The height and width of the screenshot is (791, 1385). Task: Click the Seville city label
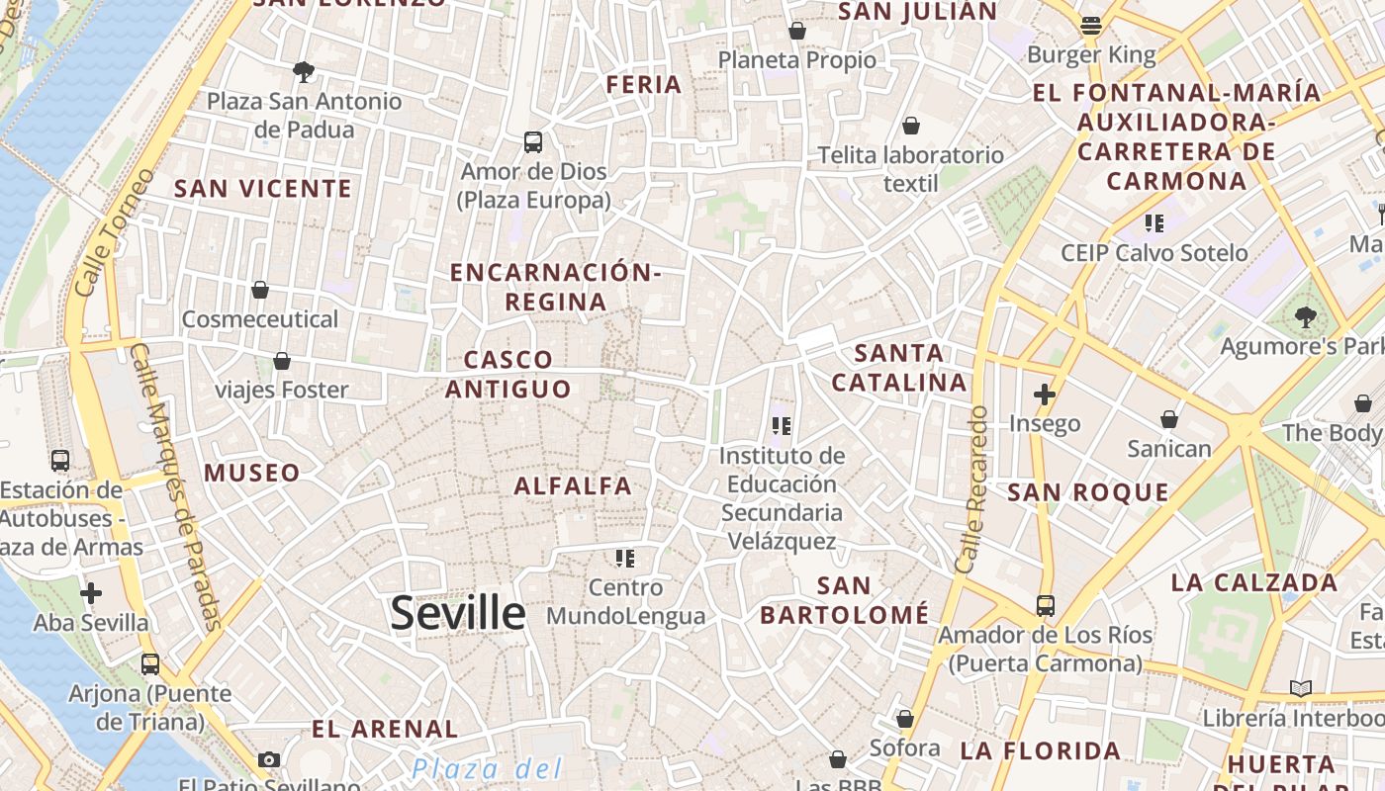point(457,614)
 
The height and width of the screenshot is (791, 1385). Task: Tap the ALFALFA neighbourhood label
point(573,485)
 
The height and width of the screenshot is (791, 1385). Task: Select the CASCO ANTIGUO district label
point(508,374)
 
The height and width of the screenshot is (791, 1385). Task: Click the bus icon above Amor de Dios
point(533,142)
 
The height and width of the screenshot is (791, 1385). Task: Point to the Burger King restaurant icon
point(1091,26)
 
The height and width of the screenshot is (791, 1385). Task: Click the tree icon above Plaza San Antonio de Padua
point(304,71)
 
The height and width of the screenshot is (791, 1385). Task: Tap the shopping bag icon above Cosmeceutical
point(260,290)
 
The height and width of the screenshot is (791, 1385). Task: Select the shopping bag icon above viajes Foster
point(282,361)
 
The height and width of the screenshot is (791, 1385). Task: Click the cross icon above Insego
point(1044,395)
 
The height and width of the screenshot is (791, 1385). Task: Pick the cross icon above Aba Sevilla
point(91,593)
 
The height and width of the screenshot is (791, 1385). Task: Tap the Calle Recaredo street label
point(971,489)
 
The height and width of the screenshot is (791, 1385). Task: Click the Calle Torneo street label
point(116,233)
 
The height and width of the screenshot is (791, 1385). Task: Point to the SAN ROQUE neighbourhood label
point(1088,492)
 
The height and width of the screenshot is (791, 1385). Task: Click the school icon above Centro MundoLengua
point(624,559)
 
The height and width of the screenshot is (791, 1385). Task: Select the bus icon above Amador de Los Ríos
point(1046,605)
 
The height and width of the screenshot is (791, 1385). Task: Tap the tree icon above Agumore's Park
point(1306,317)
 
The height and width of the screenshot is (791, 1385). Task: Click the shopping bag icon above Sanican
point(1169,419)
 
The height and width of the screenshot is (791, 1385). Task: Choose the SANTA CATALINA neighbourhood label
point(898,367)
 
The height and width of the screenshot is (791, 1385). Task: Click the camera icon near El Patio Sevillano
point(268,759)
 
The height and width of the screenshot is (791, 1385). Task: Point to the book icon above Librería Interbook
point(1300,688)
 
